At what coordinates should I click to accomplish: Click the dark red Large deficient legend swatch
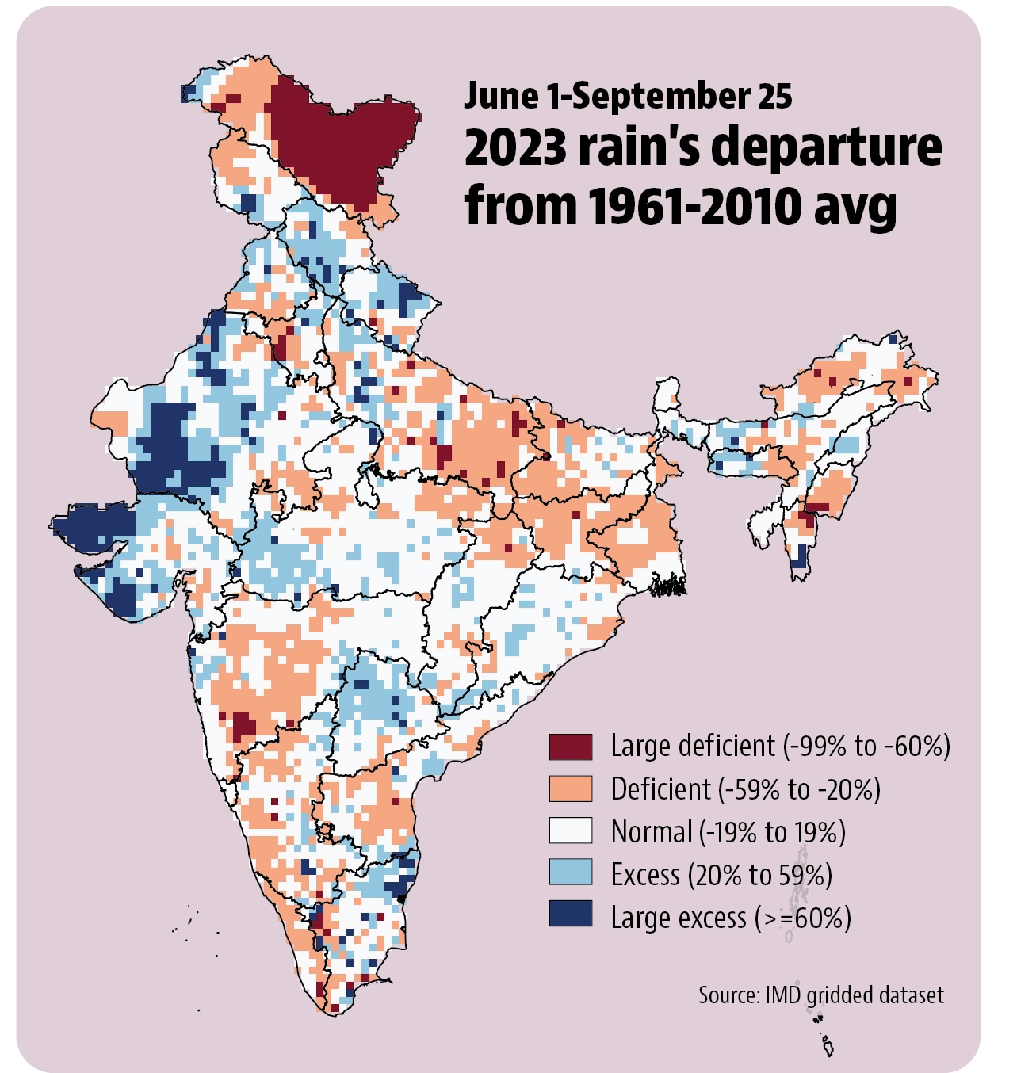point(571,747)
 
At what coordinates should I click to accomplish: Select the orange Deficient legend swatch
point(571,789)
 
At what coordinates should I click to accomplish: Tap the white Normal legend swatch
point(571,831)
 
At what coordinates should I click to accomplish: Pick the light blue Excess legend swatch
point(571,873)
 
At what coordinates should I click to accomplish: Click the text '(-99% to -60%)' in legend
point(866,746)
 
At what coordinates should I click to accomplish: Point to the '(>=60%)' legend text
point(802,918)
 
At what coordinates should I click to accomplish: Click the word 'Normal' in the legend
point(652,832)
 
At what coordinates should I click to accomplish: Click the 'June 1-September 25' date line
point(628,96)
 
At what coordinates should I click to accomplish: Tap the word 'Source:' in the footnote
point(729,995)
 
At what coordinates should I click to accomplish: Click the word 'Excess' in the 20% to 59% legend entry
point(645,875)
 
